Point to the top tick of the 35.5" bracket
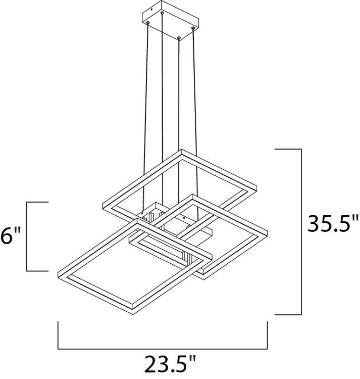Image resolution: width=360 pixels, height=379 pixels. (x=287, y=150)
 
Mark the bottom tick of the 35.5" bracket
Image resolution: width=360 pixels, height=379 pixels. (x=287, y=314)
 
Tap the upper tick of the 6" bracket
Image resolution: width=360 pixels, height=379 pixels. (x=37, y=202)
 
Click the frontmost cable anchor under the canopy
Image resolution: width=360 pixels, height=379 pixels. (x=179, y=36)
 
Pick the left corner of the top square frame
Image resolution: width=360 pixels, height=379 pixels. (x=103, y=206)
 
